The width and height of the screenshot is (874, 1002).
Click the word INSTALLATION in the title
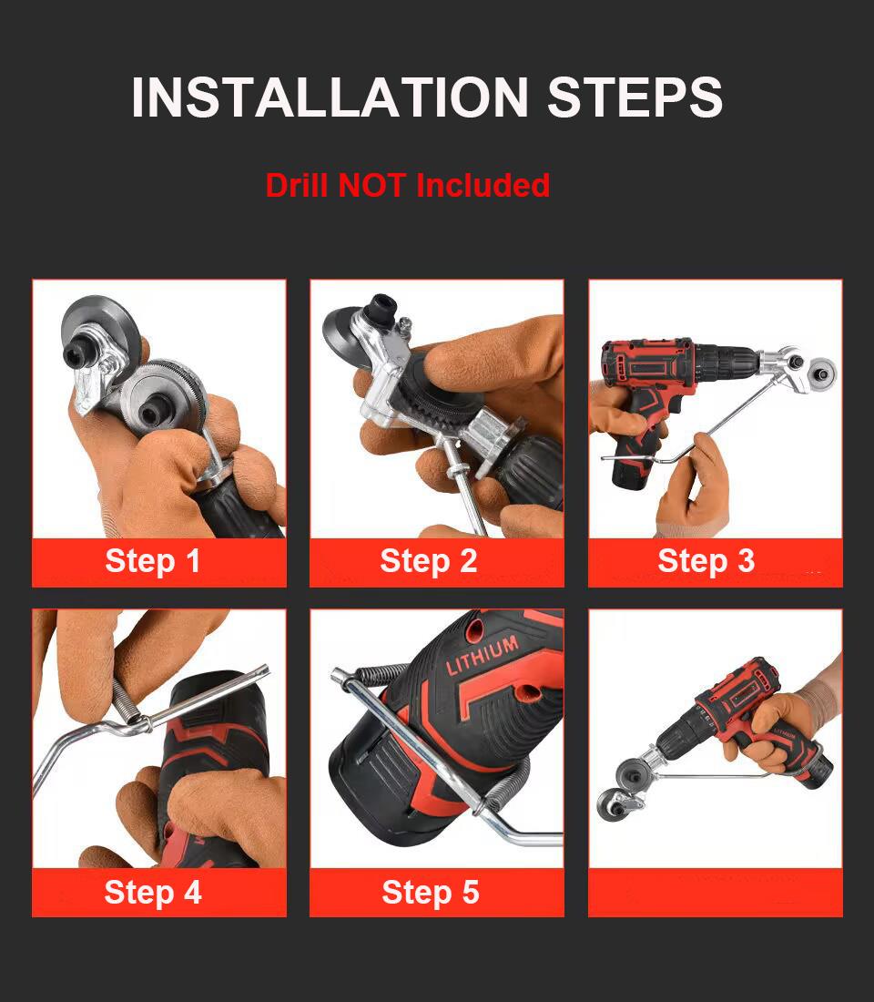330,97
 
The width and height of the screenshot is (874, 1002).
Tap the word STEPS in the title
635,97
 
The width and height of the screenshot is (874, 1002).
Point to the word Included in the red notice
483,185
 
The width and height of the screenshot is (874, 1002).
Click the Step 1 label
153,561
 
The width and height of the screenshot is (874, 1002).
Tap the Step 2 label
429,561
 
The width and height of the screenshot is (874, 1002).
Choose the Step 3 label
706,561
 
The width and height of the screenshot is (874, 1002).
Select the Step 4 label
153,892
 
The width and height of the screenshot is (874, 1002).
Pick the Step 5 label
430,892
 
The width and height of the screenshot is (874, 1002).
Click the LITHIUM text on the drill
482,655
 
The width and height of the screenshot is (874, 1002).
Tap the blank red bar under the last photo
715,892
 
